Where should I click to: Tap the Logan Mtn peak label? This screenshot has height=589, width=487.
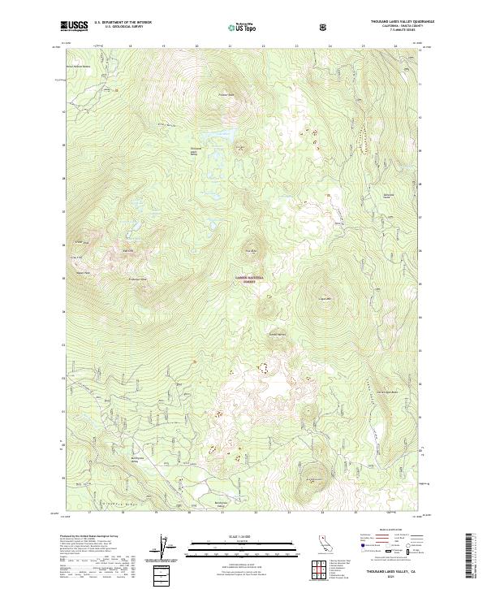point(328,297)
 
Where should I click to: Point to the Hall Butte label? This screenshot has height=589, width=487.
point(252,250)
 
